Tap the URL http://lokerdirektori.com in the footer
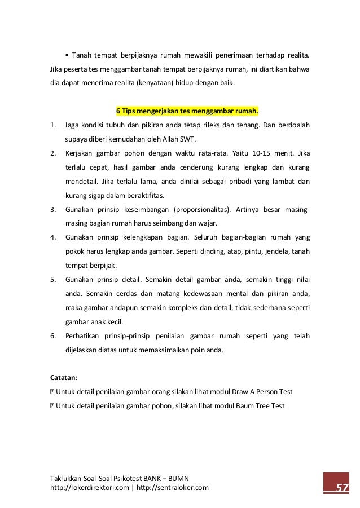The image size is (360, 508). pyautogui.click(x=88, y=488)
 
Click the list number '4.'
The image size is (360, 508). pyautogui.click(x=53, y=237)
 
